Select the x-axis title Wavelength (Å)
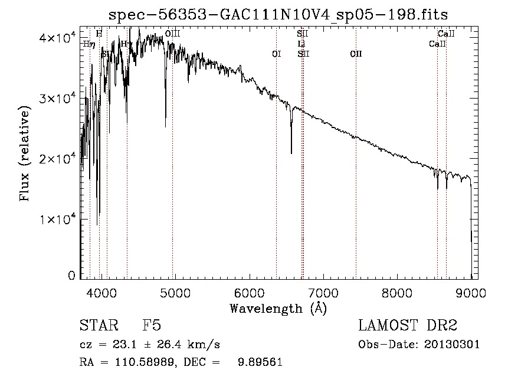278,308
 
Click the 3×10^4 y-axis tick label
59,99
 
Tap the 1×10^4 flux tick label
59,220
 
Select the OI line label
276,54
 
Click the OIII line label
172,34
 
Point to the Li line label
301,44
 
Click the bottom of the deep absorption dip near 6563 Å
291,153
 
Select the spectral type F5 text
152,326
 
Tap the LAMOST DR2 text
408,326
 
